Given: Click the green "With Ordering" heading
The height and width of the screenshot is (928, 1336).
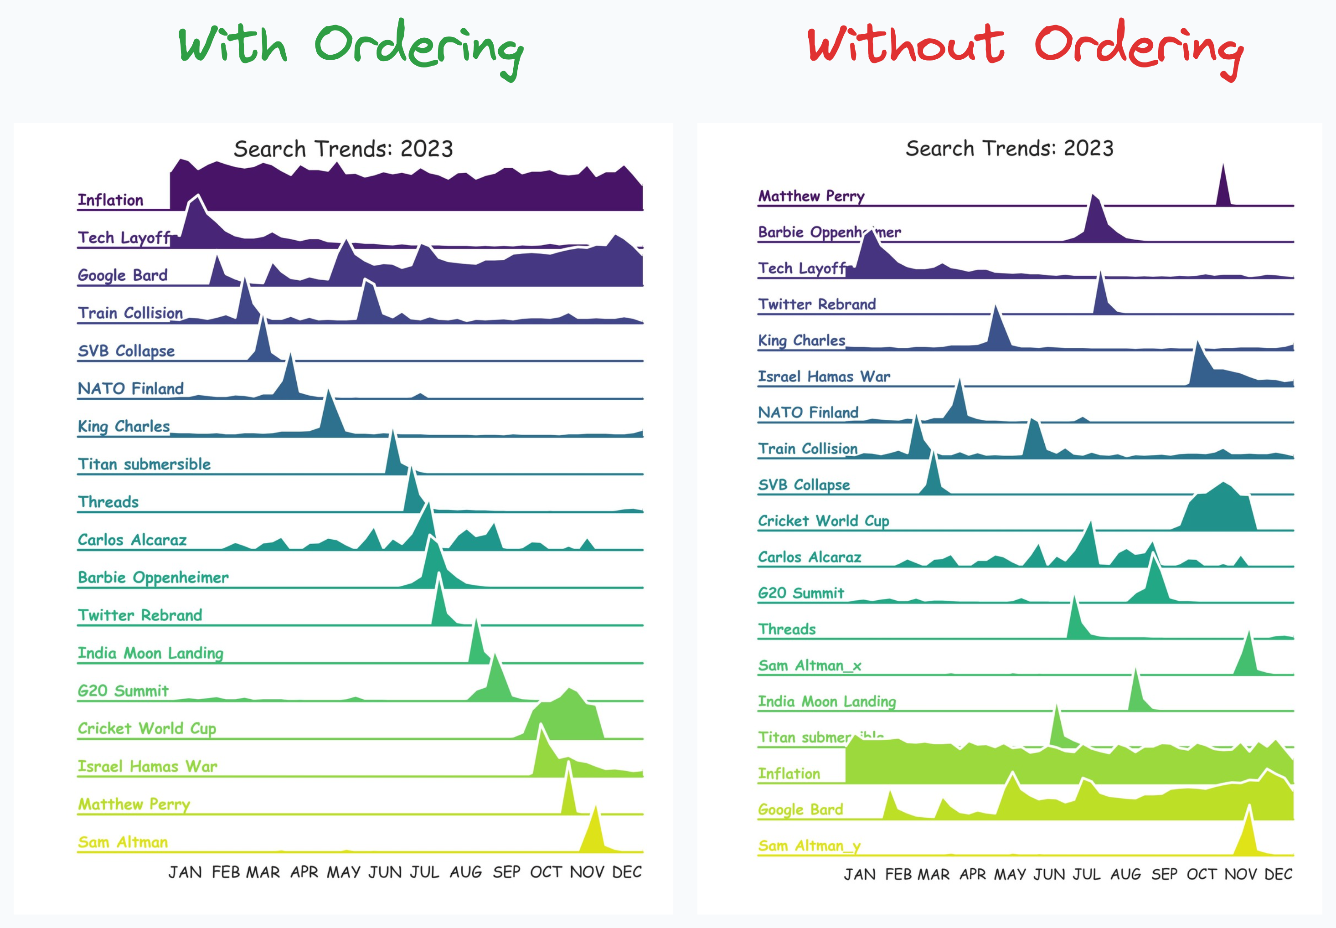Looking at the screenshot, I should (x=351, y=46).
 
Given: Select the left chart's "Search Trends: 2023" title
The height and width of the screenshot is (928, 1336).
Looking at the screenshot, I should (x=343, y=149).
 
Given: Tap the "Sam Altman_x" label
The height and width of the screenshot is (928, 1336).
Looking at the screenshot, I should (x=809, y=665).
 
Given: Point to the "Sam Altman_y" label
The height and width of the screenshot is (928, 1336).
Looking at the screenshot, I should (x=809, y=846).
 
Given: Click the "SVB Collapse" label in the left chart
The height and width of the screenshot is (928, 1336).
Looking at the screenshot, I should (x=126, y=351).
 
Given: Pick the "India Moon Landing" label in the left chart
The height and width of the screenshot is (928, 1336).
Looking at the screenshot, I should (x=150, y=653).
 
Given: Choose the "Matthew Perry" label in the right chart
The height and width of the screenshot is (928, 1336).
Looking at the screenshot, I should (x=811, y=196).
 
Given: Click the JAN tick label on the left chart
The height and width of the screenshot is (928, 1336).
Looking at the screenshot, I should (x=185, y=872).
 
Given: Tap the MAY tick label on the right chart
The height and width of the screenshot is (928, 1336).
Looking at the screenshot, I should (x=1010, y=874).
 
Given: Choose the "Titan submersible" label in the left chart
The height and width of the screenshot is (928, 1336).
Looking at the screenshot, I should (x=144, y=464).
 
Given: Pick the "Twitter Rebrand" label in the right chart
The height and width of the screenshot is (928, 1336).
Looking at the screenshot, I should (x=817, y=304).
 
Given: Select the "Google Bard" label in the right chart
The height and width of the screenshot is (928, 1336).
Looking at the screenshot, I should (x=800, y=809).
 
